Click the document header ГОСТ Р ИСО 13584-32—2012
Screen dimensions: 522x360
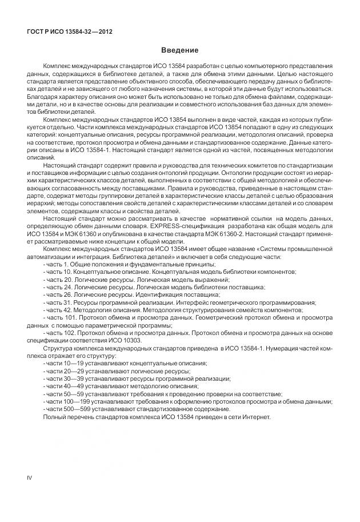[x=69, y=31]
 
